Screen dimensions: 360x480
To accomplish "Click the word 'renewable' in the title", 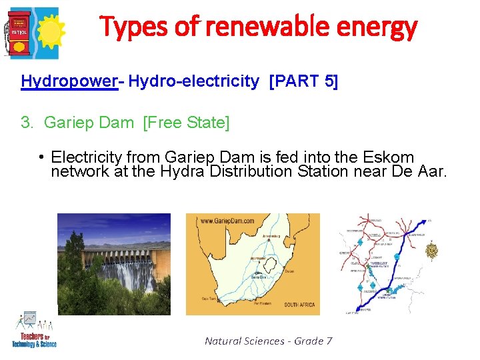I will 257,27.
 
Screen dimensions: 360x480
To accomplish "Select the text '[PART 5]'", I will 303,81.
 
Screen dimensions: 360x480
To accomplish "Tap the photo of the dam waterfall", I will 113,263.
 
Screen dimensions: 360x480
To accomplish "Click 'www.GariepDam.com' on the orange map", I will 227,221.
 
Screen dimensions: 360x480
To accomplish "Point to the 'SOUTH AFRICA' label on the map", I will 299,305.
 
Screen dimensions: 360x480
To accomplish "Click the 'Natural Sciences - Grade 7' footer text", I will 268,341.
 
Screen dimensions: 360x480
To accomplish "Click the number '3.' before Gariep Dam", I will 27,123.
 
